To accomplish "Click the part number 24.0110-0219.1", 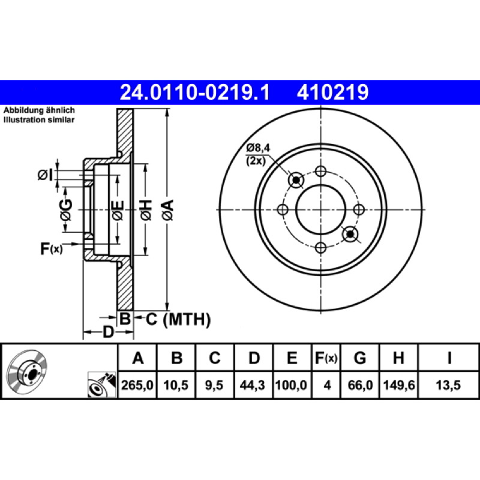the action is (195, 92).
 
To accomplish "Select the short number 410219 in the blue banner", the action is (332, 92).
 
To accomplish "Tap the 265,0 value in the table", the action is (137, 385).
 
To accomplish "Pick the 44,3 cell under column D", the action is (252, 385).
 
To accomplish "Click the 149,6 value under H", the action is (399, 385).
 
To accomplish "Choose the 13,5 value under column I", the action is (448, 385).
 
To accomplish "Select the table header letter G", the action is (359, 358).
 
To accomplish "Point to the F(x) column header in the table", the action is (326, 358).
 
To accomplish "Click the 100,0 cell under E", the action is (291, 385).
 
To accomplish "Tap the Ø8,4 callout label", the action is (258, 148).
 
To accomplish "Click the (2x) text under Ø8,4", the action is (256, 160).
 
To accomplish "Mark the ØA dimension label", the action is (168, 209).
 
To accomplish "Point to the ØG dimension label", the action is (66, 210).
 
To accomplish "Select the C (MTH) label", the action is (178, 319).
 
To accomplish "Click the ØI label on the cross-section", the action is (46, 175).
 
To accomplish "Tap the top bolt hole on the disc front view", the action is (320, 171).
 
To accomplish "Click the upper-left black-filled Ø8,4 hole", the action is (296, 180).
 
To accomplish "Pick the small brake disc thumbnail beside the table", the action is (27, 371).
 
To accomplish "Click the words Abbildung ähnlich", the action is (39, 110).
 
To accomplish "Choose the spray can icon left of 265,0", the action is (102, 385).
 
